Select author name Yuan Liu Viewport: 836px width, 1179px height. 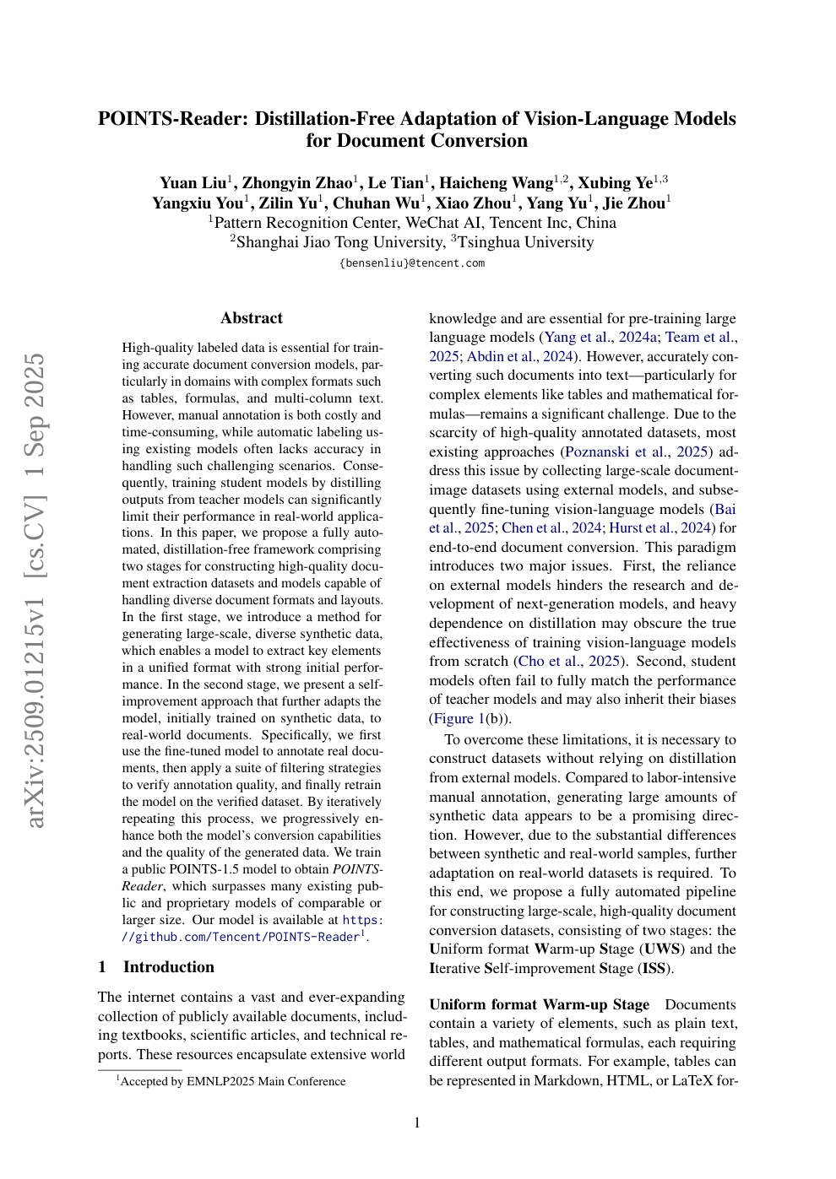click(193, 183)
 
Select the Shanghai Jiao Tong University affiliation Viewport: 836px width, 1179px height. click(340, 242)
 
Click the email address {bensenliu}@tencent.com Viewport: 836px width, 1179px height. click(412, 263)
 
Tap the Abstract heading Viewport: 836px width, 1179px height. click(252, 318)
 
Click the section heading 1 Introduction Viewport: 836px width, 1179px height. click(156, 967)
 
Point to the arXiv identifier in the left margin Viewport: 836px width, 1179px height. click(35, 641)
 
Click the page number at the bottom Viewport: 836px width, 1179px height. click(416, 1122)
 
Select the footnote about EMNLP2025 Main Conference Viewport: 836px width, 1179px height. click(232, 1082)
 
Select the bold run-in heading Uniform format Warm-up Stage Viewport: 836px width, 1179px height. click(539, 1004)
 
